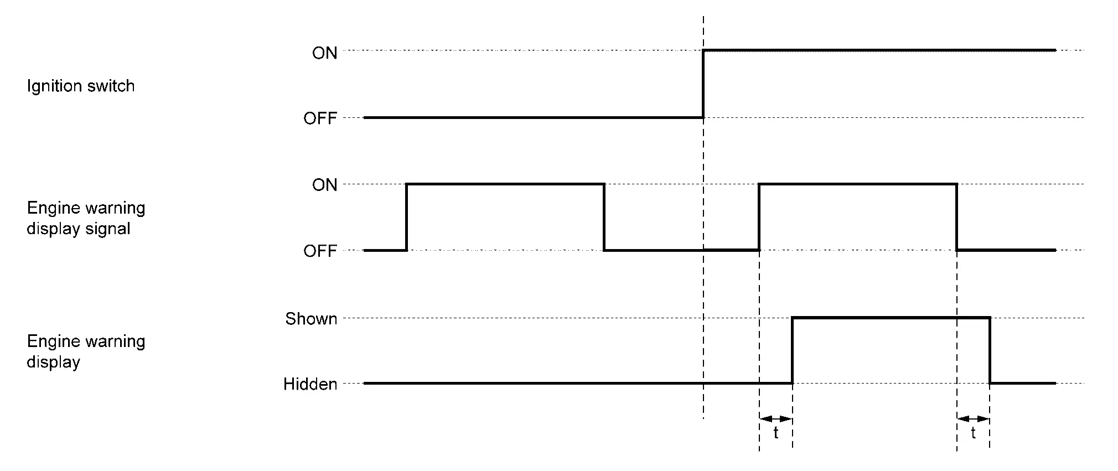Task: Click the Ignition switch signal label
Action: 81,86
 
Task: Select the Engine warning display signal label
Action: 86,218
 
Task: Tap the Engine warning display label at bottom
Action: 86,351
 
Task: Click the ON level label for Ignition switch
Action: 324,53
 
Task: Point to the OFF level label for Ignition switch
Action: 320,118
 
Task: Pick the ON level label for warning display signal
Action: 324,185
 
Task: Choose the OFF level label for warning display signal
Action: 320,251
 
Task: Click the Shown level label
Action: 311,319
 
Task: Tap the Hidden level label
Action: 310,384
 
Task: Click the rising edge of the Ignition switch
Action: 703,84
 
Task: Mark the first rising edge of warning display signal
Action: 407,217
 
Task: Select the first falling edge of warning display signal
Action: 604,217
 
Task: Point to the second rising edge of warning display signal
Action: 759,217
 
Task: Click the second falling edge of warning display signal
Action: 957,217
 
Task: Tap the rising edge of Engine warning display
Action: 792,350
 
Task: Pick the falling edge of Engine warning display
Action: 990,350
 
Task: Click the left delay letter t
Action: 776,433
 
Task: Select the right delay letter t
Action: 974,433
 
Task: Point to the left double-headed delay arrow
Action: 776,418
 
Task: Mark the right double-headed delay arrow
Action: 974,418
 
